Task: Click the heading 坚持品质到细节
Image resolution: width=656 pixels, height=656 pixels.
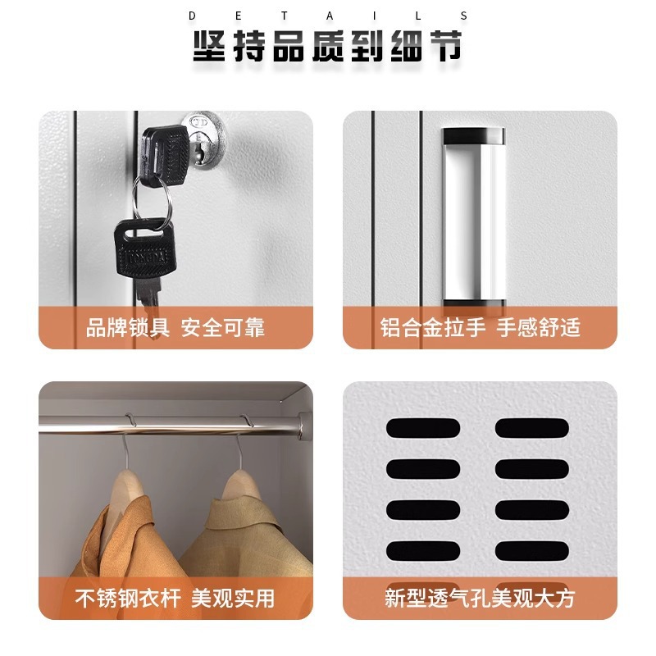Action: click(327, 46)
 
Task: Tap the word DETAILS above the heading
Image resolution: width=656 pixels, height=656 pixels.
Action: click(327, 16)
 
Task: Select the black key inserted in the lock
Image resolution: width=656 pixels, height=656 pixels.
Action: click(165, 156)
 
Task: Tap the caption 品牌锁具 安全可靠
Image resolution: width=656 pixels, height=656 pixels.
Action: click(175, 327)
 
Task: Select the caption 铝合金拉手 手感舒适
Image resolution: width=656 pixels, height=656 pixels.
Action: click(480, 327)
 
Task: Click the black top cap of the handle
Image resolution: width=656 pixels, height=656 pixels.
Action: click(474, 135)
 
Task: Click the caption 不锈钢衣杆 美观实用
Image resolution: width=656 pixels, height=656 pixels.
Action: click(175, 599)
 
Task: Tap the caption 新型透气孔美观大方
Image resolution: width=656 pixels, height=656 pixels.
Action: click(480, 599)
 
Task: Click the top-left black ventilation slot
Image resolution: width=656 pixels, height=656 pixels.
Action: click(423, 428)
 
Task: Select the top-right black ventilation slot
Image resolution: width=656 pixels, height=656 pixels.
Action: click(532, 428)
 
